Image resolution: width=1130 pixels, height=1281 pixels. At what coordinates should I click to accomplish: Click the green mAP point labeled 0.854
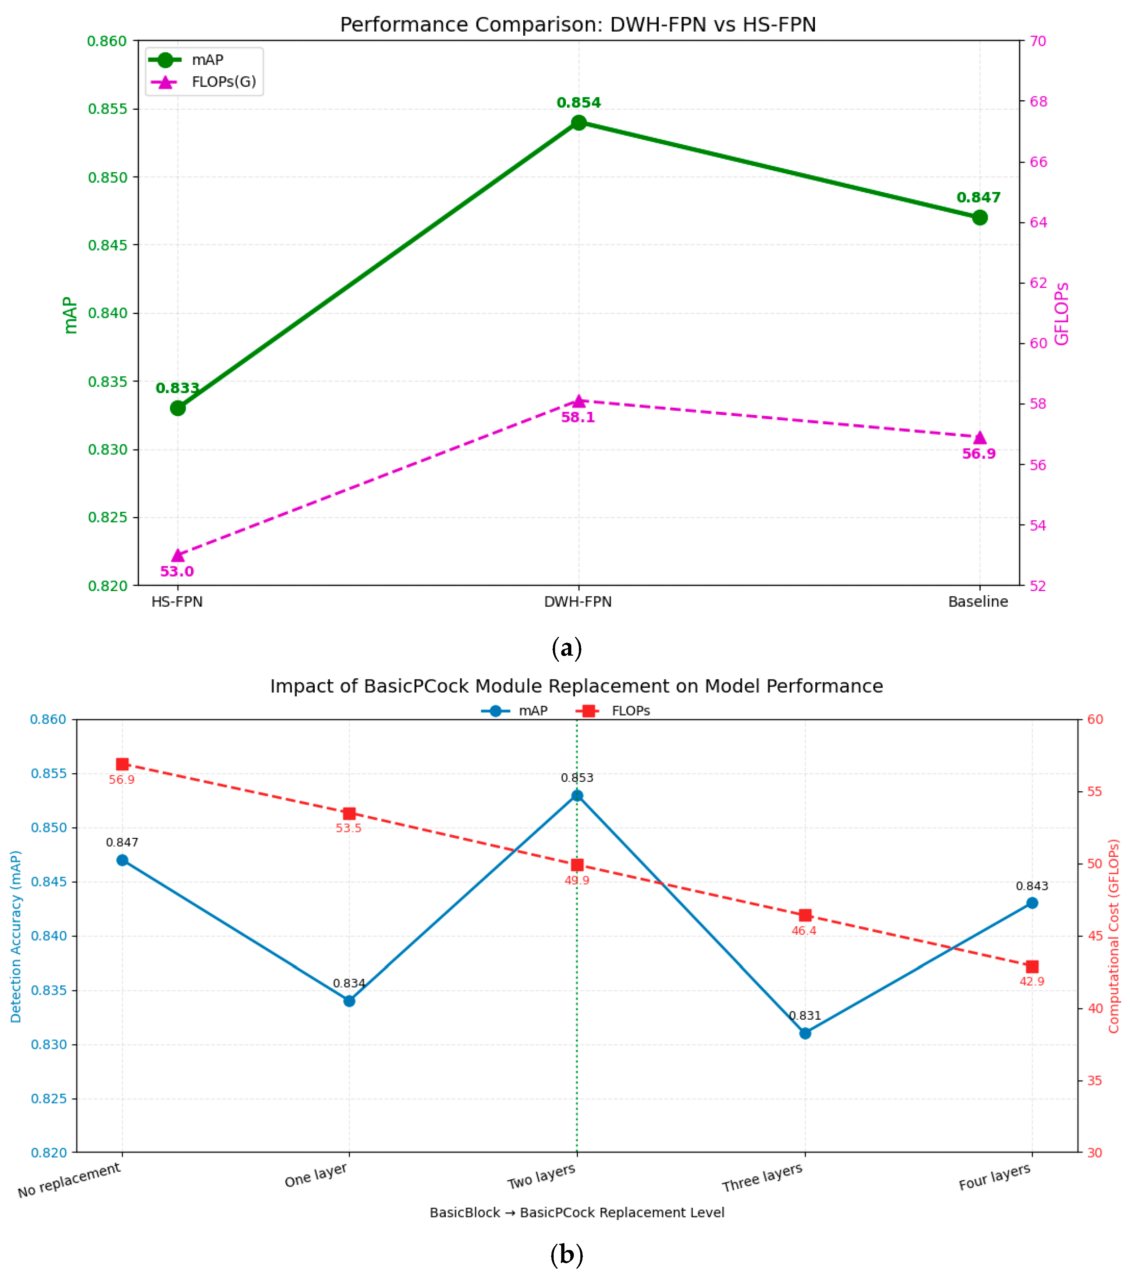[x=579, y=122]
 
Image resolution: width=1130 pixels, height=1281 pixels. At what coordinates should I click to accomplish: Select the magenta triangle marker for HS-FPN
[x=178, y=555]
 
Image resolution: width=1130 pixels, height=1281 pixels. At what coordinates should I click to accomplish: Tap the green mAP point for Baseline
[x=980, y=218]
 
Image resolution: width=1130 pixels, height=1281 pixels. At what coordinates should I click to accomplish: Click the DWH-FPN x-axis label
[x=578, y=602]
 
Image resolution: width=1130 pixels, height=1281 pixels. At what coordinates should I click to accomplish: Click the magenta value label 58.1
[x=578, y=417]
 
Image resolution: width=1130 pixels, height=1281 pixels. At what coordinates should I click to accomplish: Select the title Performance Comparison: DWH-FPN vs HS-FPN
[x=578, y=25]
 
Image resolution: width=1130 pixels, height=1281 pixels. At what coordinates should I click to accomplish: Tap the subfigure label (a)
[x=567, y=647]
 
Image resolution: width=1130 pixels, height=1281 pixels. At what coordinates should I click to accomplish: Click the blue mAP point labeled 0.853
[x=577, y=796]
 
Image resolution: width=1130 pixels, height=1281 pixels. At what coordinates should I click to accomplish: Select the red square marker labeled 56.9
[x=122, y=764]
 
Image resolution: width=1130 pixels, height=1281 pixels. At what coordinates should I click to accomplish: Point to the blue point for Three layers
[x=805, y=1033]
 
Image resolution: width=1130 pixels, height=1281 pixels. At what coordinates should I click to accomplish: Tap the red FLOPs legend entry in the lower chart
[x=614, y=711]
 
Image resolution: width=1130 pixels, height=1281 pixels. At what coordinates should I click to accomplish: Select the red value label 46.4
[x=804, y=931]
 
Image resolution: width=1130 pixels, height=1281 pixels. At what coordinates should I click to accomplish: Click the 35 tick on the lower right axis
[x=1094, y=1080]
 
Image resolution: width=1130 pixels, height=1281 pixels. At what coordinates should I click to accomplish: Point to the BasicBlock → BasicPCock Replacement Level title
[x=577, y=1213]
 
